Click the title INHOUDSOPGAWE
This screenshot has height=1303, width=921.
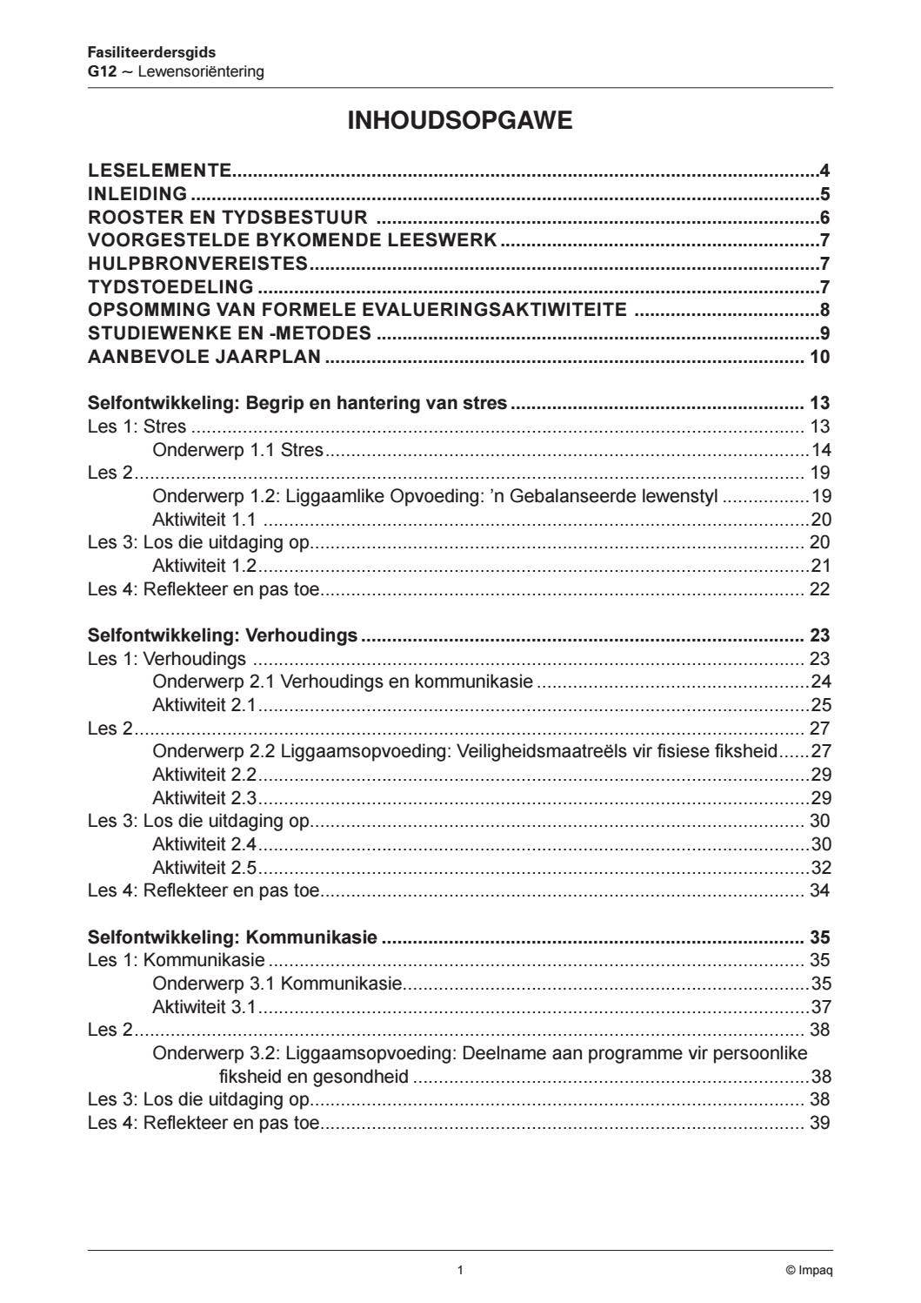[x=459, y=121]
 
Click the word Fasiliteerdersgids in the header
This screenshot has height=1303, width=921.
[x=151, y=52]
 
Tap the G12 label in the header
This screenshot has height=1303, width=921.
[x=101, y=71]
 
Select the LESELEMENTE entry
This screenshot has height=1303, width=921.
[x=160, y=171]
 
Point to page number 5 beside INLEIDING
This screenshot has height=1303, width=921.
[x=824, y=194]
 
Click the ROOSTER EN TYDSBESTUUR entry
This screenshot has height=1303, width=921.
[x=228, y=218]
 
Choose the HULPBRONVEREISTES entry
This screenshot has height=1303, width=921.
[x=198, y=264]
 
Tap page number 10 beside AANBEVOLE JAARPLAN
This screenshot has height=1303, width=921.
[x=819, y=357]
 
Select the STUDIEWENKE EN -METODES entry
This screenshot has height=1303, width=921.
[x=230, y=333]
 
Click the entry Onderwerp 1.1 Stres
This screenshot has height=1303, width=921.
[x=237, y=450]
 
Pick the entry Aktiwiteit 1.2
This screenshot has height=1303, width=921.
[x=204, y=566]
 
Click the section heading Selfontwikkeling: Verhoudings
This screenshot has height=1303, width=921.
[x=223, y=635]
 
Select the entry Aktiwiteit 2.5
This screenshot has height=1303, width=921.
[x=204, y=868]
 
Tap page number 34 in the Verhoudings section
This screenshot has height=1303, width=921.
[x=819, y=890]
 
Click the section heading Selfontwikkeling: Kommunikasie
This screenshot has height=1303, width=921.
[x=232, y=937]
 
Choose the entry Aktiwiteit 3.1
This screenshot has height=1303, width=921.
[x=204, y=1007]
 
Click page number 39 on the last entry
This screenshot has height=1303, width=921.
[x=819, y=1123]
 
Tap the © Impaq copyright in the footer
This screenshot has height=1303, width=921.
[x=809, y=1270]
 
